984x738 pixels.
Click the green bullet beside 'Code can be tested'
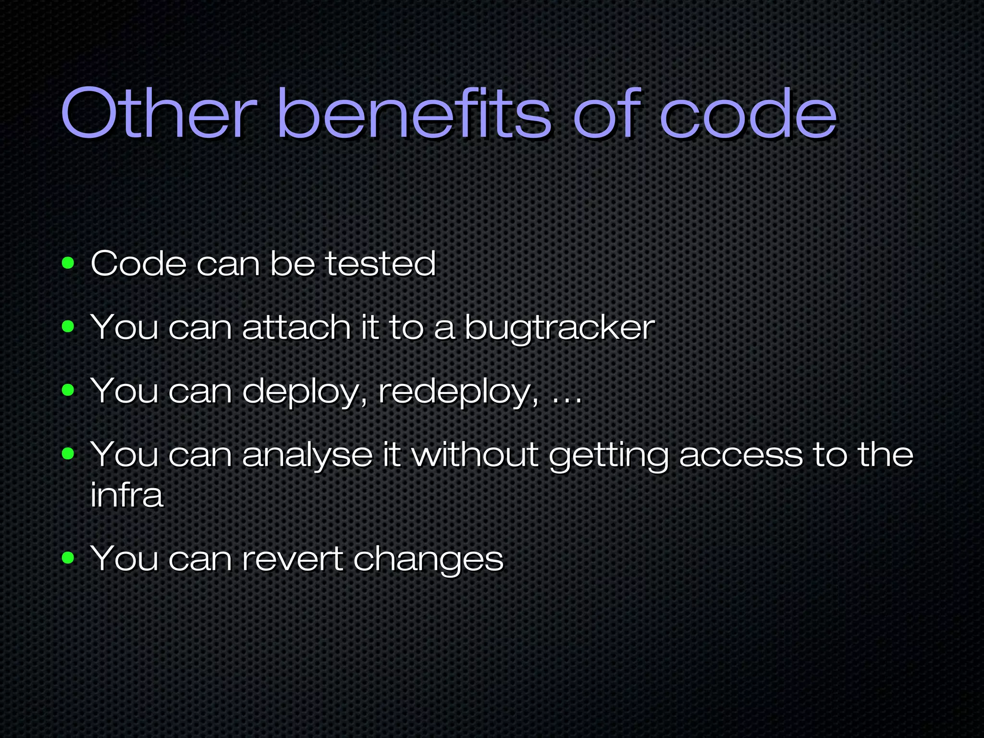pos(68,263)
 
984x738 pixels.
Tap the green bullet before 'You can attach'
pos(68,327)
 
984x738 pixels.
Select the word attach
pos(296,327)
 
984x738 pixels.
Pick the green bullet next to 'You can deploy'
pos(68,391)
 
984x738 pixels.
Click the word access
pos(740,455)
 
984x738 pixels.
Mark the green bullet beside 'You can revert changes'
pos(68,558)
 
